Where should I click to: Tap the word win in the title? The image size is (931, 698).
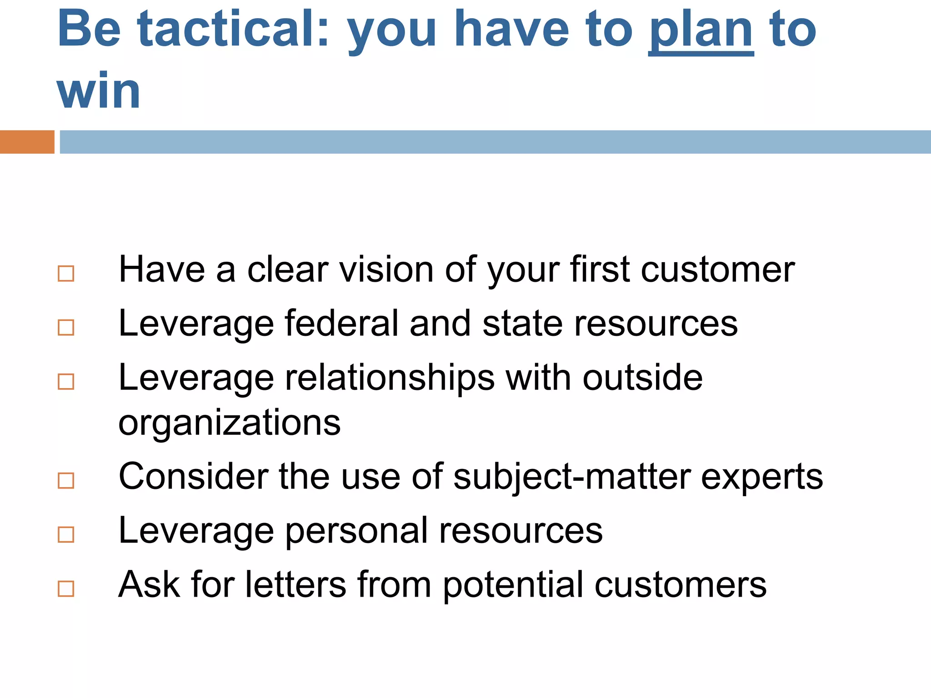click(99, 92)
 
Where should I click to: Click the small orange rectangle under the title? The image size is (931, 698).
click(27, 142)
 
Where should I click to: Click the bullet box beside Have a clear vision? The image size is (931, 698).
click(66, 274)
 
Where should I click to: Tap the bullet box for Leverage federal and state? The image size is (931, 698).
click(66, 327)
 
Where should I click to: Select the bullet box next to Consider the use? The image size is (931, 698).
click(66, 480)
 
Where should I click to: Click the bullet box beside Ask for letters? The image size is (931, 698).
click(66, 588)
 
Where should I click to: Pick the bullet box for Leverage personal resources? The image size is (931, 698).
click(66, 534)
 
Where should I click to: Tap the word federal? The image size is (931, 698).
click(341, 323)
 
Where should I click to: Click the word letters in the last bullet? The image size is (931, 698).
click(296, 584)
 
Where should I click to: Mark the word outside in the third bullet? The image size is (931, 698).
click(642, 377)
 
